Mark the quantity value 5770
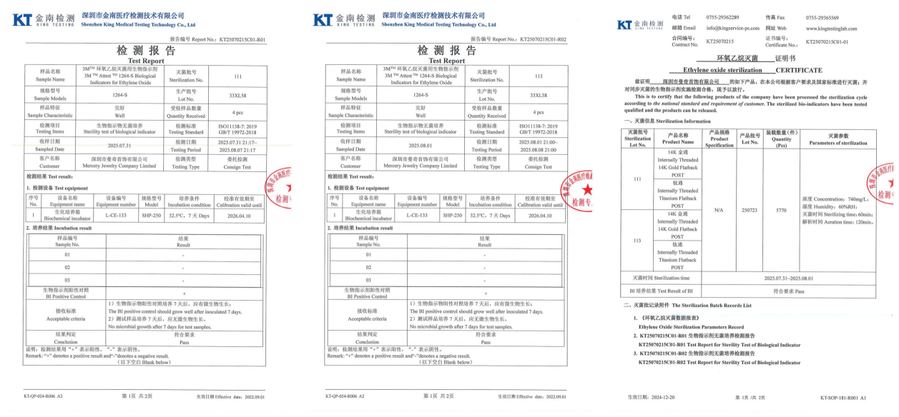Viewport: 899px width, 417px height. [781, 211]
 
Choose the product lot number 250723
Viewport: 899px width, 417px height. [750, 211]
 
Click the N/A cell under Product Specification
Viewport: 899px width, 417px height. [718, 211]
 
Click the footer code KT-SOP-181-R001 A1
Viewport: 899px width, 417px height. [842, 397]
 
